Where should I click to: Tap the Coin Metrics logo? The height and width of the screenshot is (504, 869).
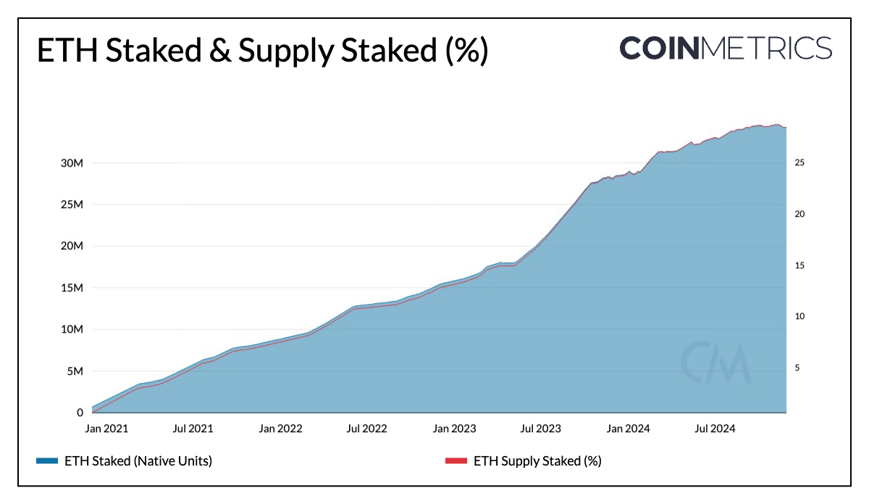click(725, 48)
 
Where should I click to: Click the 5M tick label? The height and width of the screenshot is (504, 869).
click(74, 371)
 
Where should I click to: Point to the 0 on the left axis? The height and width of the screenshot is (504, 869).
click(80, 413)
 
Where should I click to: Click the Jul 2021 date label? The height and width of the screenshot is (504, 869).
click(193, 429)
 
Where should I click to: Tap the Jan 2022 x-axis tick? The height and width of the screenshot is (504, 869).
click(281, 429)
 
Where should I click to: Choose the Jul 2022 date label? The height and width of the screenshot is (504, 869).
click(366, 429)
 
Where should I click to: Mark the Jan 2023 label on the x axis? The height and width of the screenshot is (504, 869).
click(454, 429)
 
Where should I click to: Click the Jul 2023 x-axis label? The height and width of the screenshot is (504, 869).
click(540, 429)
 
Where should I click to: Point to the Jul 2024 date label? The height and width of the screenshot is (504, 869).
click(715, 429)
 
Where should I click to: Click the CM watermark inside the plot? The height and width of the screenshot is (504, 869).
click(715, 362)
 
